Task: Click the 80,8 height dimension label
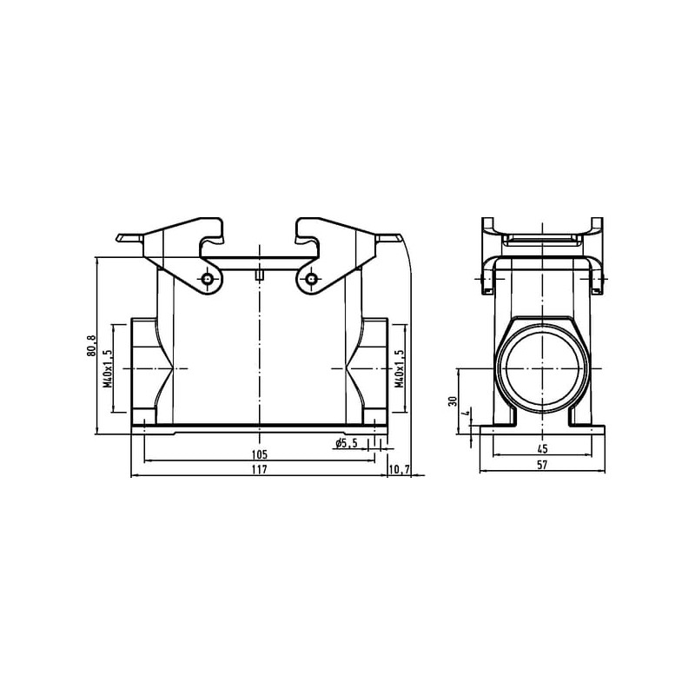[x=91, y=346]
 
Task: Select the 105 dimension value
[x=259, y=454]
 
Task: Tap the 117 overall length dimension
[x=259, y=469]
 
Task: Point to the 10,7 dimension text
[x=399, y=469]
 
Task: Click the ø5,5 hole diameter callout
[x=346, y=443]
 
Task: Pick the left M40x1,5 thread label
[x=108, y=368]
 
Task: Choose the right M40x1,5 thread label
[x=400, y=368]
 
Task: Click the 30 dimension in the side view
[x=453, y=401]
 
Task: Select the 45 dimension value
[x=542, y=448]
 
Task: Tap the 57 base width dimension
[x=542, y=465]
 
